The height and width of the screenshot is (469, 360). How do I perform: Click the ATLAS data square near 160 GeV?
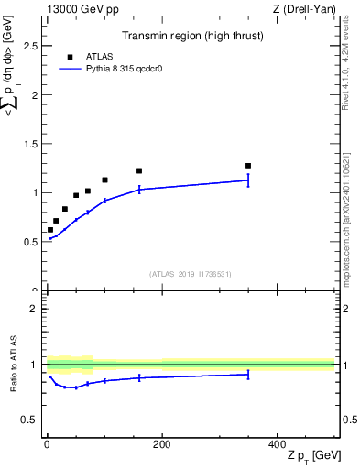(139, 170)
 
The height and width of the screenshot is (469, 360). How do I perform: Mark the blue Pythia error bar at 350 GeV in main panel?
(248, 180)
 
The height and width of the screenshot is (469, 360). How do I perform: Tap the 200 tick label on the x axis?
(161, 444)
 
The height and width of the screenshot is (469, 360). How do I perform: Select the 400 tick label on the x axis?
(277, 444)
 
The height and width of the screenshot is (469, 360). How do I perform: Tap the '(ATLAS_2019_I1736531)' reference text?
(191, 273)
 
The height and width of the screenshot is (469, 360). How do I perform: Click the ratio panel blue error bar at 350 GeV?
(248, 374)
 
